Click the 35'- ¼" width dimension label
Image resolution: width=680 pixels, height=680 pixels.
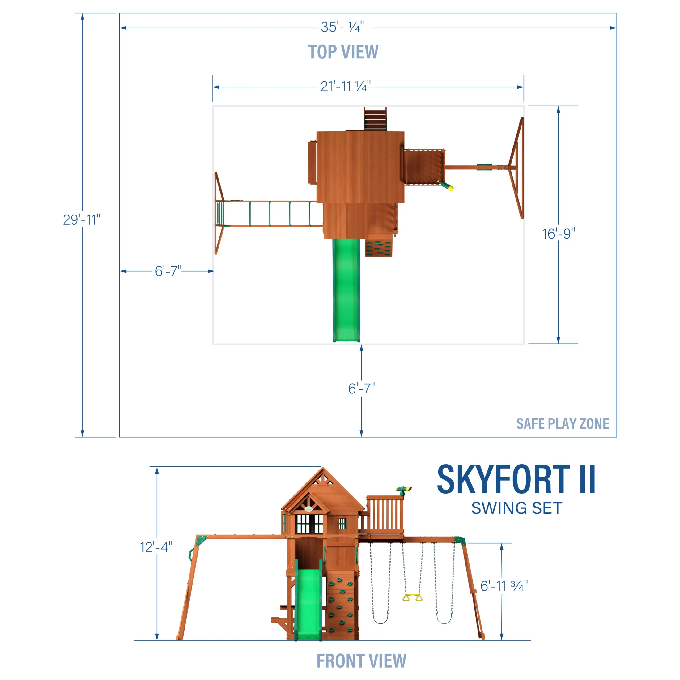pos(342,27)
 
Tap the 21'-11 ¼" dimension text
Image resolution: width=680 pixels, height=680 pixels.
pos(345,86)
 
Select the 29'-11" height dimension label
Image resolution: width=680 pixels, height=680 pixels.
pos(82,220)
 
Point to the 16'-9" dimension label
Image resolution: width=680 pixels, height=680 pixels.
pos(558,234)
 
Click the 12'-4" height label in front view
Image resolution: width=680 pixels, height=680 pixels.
pos(156,547)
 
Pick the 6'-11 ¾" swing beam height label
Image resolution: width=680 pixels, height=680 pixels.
pos(504,586)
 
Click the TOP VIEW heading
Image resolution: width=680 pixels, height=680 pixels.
pos(343,52)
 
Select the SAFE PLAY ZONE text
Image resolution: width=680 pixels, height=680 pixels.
pos(563,424)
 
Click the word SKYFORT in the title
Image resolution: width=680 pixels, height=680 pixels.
pos(503,479)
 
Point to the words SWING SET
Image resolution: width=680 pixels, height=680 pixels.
pos(516,508)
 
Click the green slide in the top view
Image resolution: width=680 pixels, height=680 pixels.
pos(346,289)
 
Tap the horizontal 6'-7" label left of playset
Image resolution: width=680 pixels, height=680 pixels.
pos(168,271)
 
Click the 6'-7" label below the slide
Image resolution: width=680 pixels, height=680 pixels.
pos(361,389)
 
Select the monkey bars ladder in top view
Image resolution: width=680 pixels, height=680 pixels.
pos(269,214)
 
